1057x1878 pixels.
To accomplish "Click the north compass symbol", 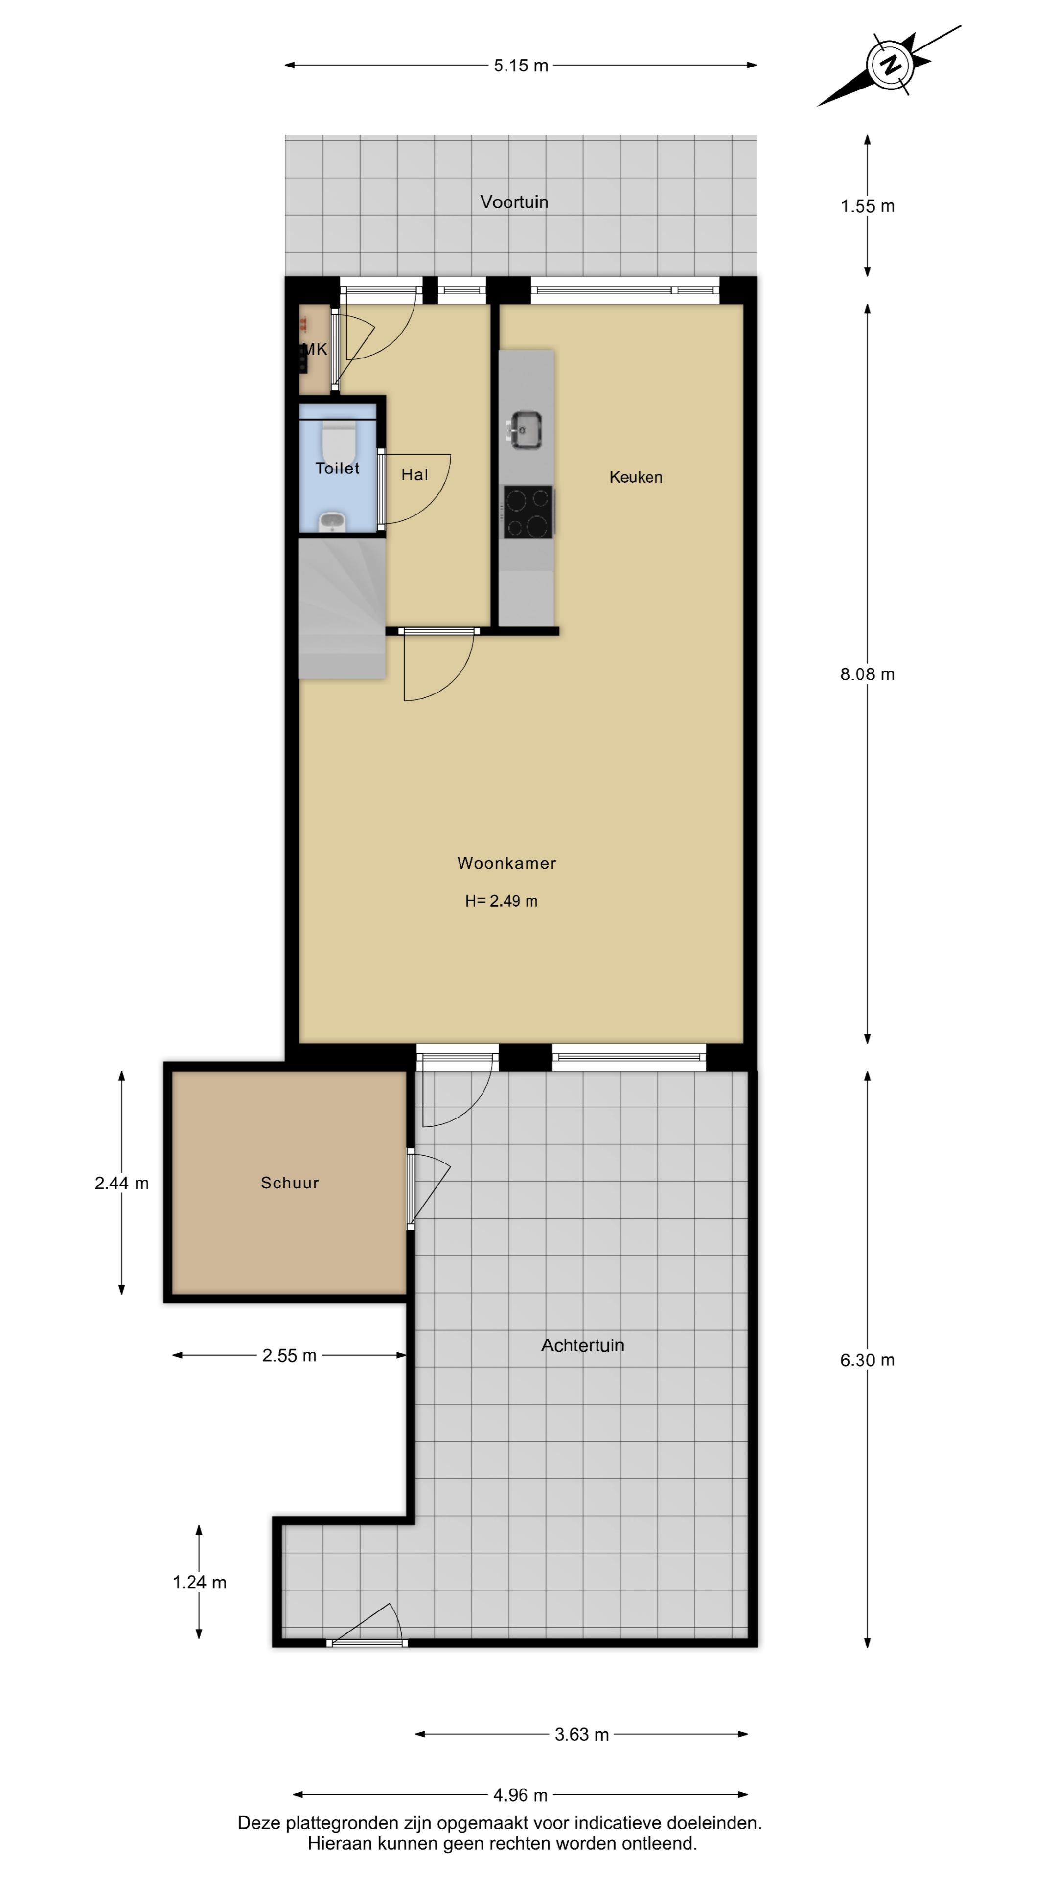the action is point(889,65).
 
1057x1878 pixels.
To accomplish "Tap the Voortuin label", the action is point(514,202).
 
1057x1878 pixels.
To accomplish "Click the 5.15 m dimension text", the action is point(521,66).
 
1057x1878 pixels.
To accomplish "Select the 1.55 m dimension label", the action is point(867,206).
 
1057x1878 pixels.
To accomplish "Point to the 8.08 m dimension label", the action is point(867,674).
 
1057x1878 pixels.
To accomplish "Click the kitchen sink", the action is point(525,430).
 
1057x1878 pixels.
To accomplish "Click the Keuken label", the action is point(636,477).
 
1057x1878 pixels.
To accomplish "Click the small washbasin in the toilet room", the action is point(333,522).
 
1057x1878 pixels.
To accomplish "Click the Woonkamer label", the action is point(507,863).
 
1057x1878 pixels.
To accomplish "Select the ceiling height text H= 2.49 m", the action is point(501,901).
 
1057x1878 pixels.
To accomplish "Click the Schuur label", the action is point(290,1183).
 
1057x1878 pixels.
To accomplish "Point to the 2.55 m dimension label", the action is point(290,1355).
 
